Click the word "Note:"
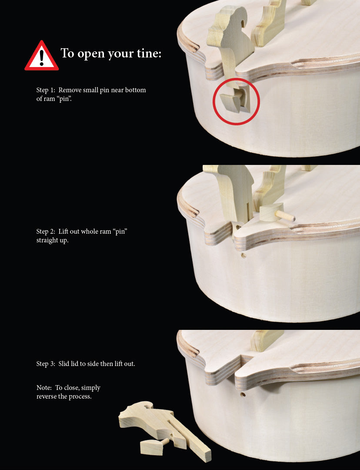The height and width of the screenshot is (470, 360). (44, 388)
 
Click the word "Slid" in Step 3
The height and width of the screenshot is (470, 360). (64, 363)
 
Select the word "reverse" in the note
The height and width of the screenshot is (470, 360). (47, 396)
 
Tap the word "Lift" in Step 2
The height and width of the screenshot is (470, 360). (63, 232)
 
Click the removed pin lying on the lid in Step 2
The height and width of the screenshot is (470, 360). (277, 213)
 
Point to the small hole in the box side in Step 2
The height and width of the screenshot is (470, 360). (243, 256)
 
